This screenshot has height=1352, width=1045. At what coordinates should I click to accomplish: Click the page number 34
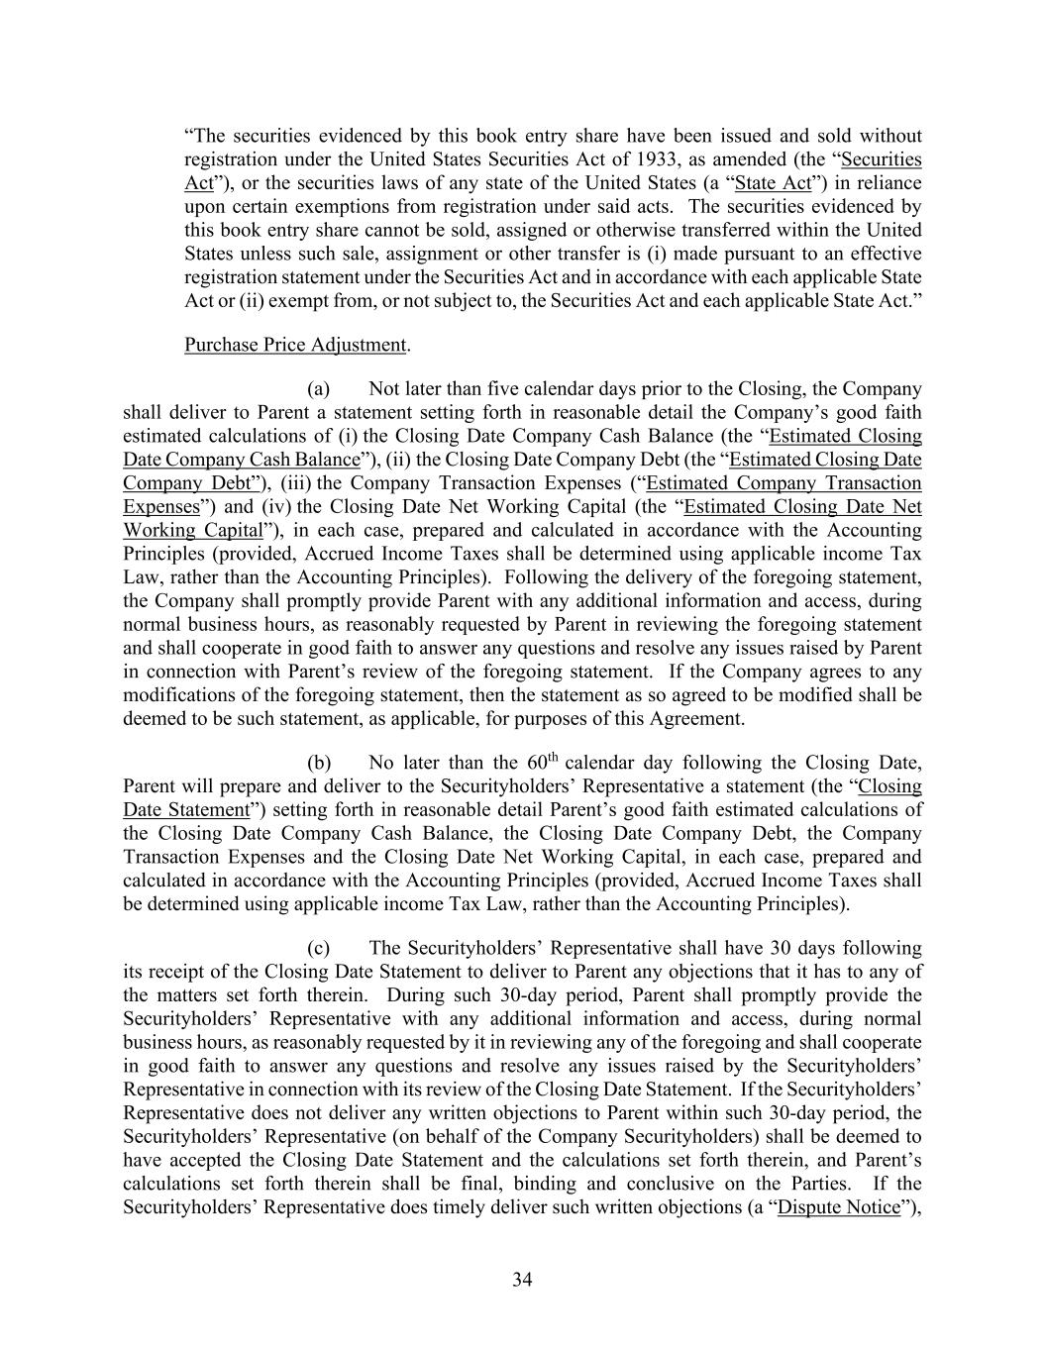tap(522, 1280)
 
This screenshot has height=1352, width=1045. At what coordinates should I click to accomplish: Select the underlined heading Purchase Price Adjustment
tap(295, 345)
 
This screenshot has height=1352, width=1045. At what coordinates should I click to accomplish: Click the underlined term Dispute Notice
tap(839, 1207)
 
